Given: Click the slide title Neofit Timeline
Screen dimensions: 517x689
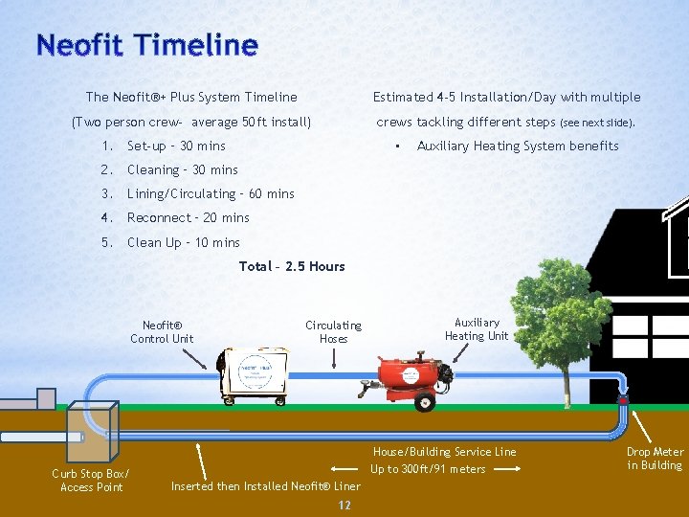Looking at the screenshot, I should [146, 45].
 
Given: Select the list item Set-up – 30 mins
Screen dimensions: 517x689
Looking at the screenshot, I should [176, 146].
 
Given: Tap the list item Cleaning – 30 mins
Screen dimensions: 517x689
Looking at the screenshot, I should [182, 169].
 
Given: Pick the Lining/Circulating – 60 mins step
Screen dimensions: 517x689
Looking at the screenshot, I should [211, 193].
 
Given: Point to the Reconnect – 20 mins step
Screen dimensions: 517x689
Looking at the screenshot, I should [188, 217].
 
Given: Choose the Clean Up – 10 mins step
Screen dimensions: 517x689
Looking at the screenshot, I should [183, 242].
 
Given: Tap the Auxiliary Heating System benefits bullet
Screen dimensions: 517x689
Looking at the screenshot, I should [518, 146].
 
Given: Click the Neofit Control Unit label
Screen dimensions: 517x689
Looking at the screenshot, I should [162, 331].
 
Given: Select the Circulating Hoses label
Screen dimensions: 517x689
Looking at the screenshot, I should [333, 331].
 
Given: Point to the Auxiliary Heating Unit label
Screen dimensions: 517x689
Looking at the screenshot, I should [477, 329].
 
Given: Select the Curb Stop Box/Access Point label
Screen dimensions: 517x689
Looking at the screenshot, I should [90, 481].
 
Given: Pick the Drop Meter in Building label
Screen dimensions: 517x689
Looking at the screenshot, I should [655, 459].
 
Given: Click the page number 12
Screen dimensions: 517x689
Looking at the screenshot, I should [344, 506].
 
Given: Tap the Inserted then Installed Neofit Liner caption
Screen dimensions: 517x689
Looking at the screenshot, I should [265, 485].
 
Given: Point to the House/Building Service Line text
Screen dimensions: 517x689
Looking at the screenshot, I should [444, 452].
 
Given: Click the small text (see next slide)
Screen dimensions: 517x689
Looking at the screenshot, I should [597, 124].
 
